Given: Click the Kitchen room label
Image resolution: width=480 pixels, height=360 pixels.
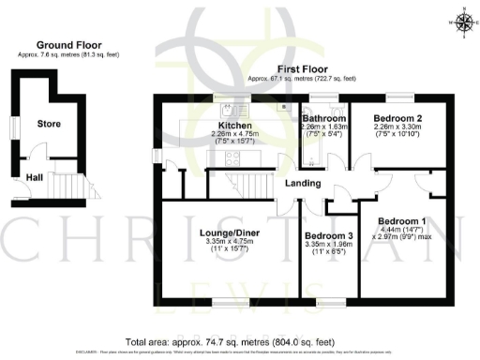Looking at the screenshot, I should point(233,125).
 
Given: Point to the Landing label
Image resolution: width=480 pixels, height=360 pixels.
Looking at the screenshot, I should point(303,183).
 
